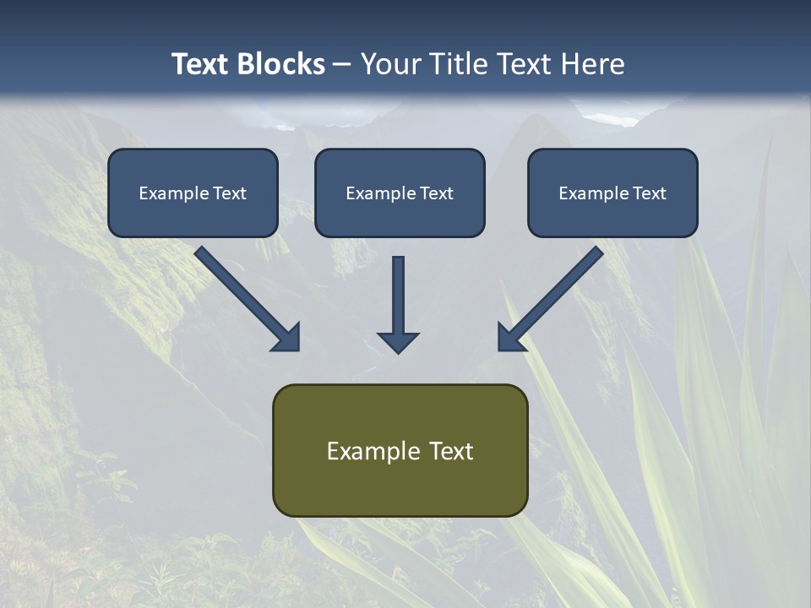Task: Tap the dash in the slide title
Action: (x=342, y=64)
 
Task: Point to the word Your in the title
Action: (x=391, y=64)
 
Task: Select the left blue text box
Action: (x=193, y=193)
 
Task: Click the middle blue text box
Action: (x=400, y=193)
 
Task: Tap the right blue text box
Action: (x=612, y=193)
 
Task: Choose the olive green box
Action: (x=400, y=450)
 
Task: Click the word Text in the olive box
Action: (x=451, y=451)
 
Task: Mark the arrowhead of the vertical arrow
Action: (x=398, y=341)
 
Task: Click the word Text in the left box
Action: (x=230, y=193)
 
